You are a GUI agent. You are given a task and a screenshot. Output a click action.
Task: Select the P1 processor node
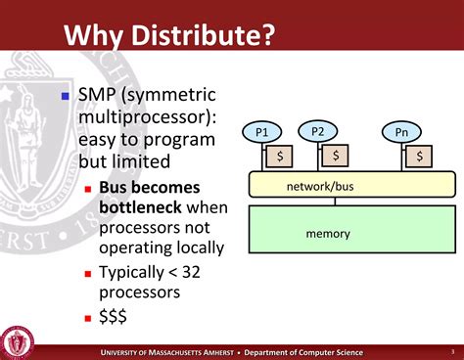tap(261, 131)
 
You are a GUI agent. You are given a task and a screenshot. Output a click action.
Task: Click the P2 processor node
tap(317, 130)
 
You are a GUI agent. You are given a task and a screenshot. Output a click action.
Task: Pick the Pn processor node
tap(401, 131)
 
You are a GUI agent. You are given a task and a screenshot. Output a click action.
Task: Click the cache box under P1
tap(280, 156)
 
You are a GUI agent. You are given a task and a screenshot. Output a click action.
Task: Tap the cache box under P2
tap(336, 156)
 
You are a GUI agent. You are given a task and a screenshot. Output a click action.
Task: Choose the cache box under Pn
tap(420, 156)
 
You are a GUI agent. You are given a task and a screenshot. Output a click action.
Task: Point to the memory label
tap(328, 234)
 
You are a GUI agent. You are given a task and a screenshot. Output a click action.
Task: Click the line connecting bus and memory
tap(335, 202)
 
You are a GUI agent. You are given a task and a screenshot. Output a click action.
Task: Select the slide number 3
tap(452, 351)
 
